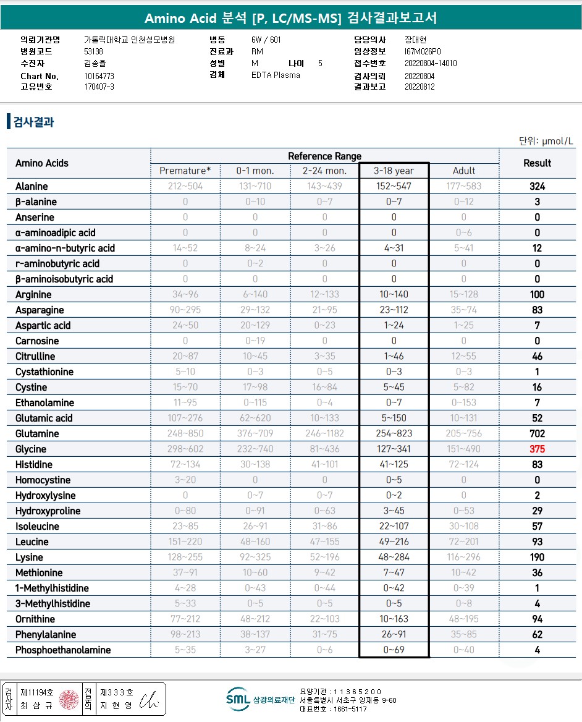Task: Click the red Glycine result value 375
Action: [537, 449]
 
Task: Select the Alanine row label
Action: [32, 187]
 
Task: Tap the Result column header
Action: [537, 163]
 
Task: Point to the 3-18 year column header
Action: [394, 171]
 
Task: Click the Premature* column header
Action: [185, 171]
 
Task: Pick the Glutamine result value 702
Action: [537, 434]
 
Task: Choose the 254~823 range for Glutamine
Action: [394, 434]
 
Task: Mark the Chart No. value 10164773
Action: [99, 76]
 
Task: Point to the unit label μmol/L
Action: [546, 141]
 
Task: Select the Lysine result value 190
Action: [537, 558]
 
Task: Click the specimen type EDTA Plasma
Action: [276, 75]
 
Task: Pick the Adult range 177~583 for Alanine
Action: [464, 187]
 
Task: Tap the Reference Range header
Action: [324, 156]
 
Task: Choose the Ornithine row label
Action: [35, 619]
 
